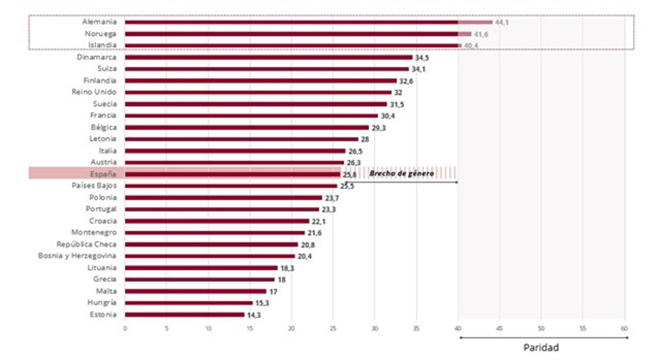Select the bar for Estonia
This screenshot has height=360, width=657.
click(185, 315)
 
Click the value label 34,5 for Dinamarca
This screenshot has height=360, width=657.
click(422, 57)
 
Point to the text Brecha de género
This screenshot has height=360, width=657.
click(401, 173)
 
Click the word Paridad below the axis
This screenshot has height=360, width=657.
click(541, 347)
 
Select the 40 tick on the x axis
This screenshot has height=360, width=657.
click(458, 328)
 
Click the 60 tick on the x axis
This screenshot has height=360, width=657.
click(624, 328)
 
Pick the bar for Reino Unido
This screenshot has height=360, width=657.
click(258, 92)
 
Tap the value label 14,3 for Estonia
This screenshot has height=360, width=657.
click(253, 315)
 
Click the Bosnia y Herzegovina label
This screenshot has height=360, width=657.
click(77, 256)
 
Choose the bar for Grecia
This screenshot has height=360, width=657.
click(199, 280)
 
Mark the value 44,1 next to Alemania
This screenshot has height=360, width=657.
click(502, 22)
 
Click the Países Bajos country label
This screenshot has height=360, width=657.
click(94, 186)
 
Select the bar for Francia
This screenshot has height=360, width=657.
click(251, 115)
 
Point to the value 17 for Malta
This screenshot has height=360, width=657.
click(273, 292)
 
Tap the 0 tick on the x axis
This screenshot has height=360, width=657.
click(125, 328)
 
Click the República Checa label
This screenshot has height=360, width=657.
click(87, 244)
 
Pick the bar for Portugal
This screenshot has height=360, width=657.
click(222, 209)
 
